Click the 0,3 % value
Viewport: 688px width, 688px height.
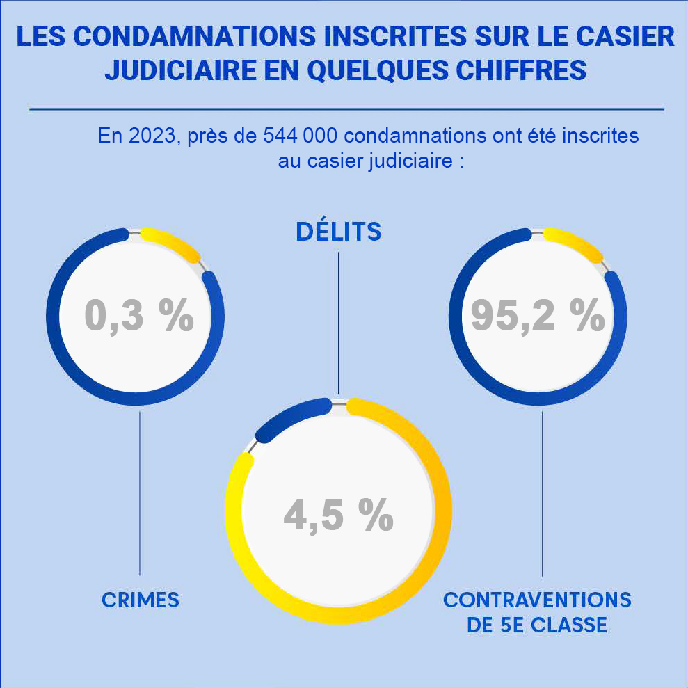click(139, 317)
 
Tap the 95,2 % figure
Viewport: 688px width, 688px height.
click(537, 317)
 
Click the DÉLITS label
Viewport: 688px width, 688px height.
click(339, 232)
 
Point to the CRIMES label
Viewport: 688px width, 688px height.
click(141, 600)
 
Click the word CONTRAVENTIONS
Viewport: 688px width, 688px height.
click(537, 600)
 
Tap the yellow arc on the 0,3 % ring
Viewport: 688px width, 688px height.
click(172, 244)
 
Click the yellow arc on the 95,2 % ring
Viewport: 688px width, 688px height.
click(575, 244)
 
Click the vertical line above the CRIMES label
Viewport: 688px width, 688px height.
click(141, 494)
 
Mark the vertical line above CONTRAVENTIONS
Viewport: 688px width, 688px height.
click(542, 494)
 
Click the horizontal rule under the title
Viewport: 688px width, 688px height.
click(346, 109)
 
